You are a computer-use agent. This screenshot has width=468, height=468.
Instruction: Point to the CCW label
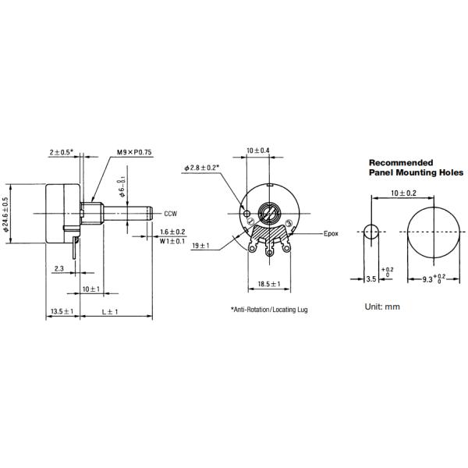click(171, 213)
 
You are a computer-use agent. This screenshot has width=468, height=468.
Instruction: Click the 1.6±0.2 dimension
click(172, 232)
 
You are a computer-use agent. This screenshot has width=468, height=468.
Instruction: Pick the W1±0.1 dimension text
click(172, 241)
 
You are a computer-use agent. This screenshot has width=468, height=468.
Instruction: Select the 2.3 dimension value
click(59, 268)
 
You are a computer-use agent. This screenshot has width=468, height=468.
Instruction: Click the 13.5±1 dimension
click(62, 311)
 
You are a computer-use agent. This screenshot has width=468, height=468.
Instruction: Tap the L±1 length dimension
click(109, 311)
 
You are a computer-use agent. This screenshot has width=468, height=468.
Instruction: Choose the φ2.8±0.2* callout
click(201, 168)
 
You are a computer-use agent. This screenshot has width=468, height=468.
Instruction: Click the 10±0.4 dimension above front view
click(257, 151)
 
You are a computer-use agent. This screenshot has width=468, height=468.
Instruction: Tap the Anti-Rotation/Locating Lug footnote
click(269, 310)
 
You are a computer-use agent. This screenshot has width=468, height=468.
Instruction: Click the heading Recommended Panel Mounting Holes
click(415, 167)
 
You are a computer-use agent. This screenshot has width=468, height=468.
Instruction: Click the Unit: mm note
click(381, 306)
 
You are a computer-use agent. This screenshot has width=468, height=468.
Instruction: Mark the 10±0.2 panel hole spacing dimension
click(404, 192)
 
